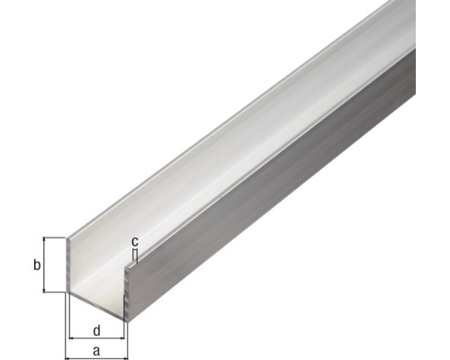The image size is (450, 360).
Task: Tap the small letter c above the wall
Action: [x=134, y=241]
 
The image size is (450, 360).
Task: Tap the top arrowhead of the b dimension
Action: [x=45, y=241]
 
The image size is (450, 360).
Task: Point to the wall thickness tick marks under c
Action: [x=134, y=257]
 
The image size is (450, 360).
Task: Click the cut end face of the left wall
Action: [x=70, y=265]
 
